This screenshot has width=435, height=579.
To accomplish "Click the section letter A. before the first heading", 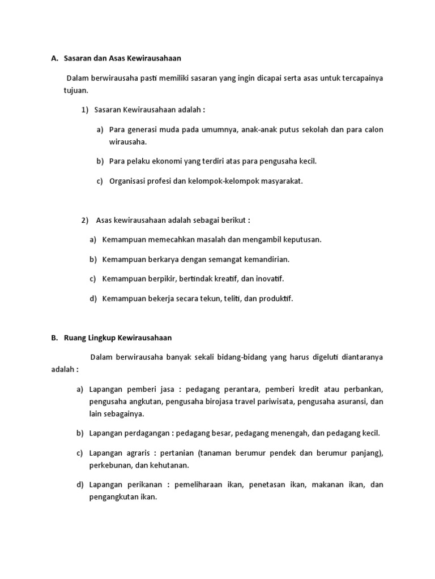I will pyautogui.click(x=54, y=58).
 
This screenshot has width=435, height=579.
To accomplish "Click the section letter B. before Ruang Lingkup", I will pyautogui.click(x=54, y=338).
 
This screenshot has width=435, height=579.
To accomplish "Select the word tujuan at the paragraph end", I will pyautogui.click(x=75, y=90).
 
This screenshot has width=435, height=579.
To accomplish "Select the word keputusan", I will pyautogui.click(x=298, y=239).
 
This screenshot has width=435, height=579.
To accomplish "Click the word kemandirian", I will pyautogui.click(x=266, y=259).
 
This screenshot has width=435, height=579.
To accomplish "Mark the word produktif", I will pyautogui.click(x=275, y=299).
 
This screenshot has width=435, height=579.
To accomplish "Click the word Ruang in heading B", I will pyautogui.click(x=76, y=338).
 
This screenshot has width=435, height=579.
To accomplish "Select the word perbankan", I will pyautogui.click(x=361, y=390).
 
